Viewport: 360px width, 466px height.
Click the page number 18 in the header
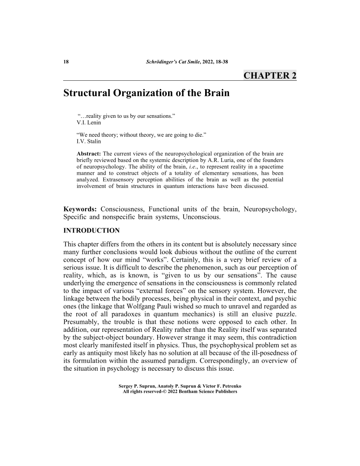pyautogui.click(x=67, y=62)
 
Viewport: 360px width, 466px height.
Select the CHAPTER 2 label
pyautogui.click(x=270, y=75)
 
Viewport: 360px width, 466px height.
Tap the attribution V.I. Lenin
pyautogui.click(x=89, y=122)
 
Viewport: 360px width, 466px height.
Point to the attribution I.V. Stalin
pyautogui.click(x=89, y=142)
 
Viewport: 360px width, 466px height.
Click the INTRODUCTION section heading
pyautogui.click(x=92, y=230)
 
